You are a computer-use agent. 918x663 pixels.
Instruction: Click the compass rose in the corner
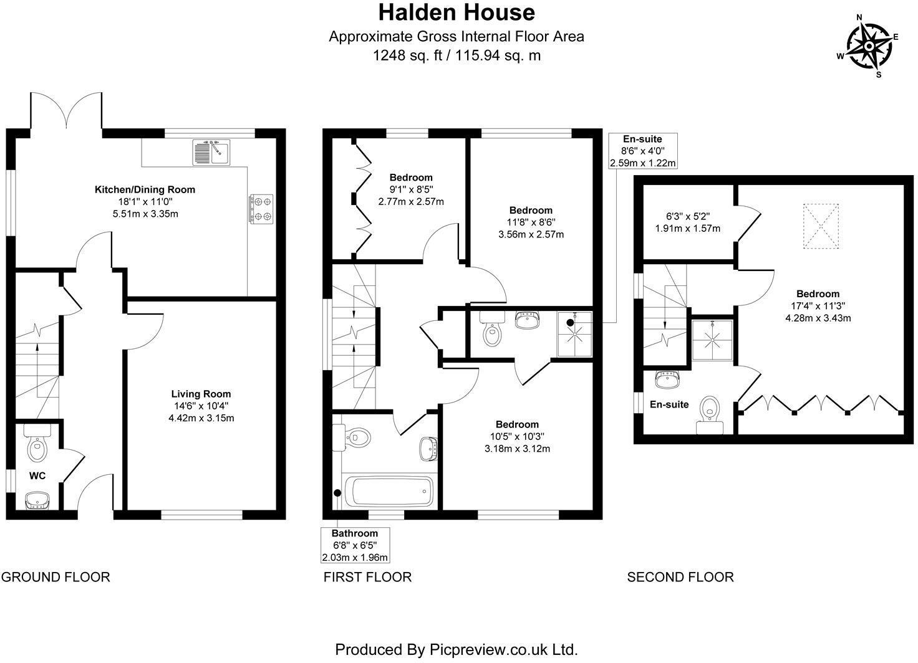[868, 47]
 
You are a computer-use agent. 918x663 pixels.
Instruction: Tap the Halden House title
[457, 12]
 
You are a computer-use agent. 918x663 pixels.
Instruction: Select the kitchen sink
[211, 153]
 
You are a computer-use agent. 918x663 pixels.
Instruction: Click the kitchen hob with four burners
[262, 209]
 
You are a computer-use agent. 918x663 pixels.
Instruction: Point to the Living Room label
[201, 394]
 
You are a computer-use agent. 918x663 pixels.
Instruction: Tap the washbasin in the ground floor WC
[37, 500]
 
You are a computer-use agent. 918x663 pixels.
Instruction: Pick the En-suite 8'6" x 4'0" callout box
[642, 151]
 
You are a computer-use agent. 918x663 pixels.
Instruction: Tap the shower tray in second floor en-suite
[712, 340]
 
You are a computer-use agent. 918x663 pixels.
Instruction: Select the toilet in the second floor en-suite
[710, 414]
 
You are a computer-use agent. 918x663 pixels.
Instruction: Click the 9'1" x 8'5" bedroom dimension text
[411, 189]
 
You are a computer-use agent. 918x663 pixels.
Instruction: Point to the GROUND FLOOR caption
[56, 577]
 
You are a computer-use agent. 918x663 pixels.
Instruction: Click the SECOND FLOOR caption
[680, 577]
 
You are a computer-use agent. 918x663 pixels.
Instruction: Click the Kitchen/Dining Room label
[145, 189]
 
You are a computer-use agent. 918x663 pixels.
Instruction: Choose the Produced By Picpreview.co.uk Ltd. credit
[457, 649]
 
